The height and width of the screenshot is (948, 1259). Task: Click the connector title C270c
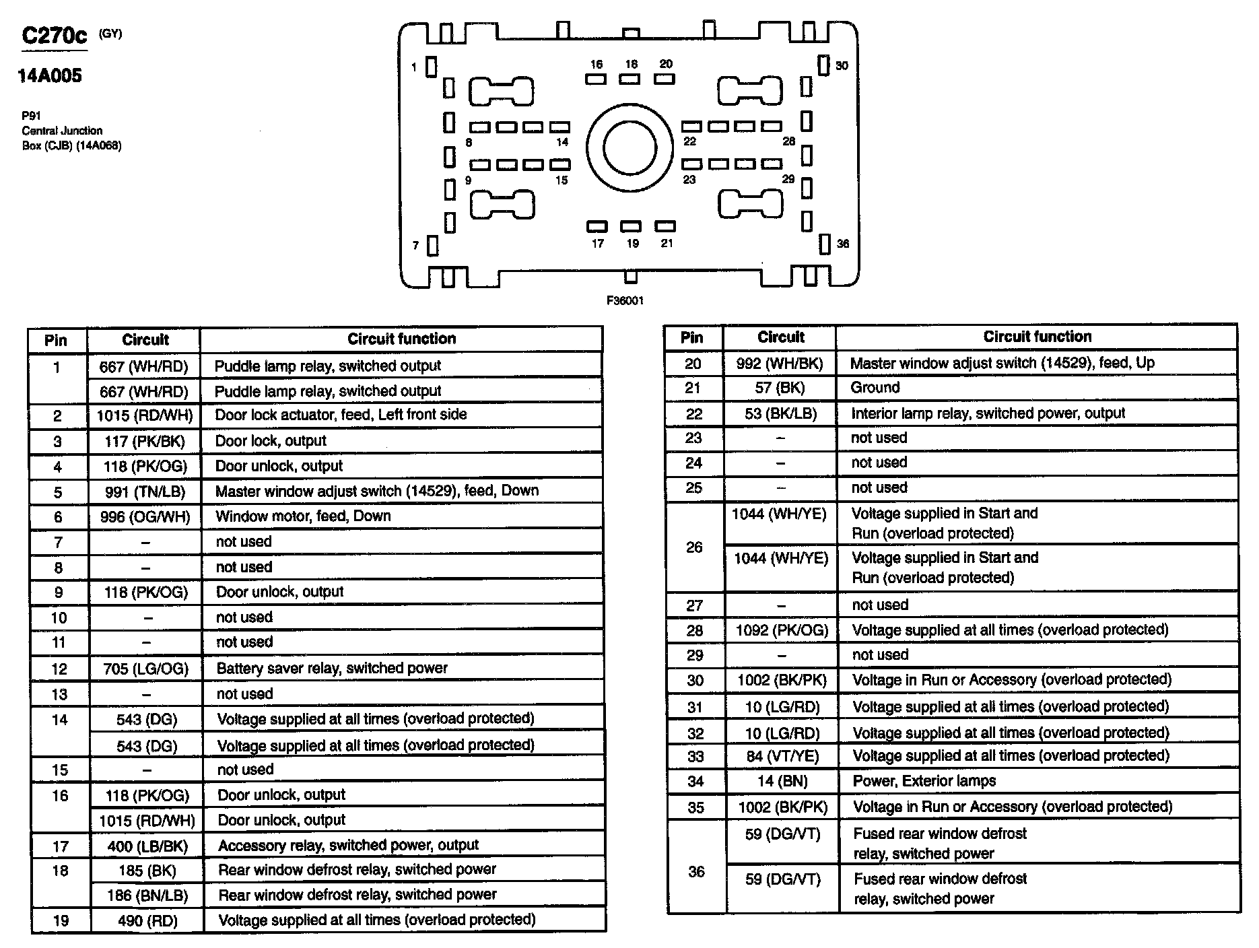click(54, 35)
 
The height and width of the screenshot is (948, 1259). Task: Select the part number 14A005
click(50, 75)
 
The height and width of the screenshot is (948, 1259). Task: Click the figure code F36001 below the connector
click(625, 301)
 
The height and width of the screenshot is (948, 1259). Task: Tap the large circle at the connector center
click(629, 148)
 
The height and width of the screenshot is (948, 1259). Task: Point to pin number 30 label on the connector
click(842, 65)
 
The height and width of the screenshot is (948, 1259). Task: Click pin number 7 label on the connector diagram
click(415, 246)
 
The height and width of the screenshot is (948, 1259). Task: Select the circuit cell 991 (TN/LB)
click(145, 492)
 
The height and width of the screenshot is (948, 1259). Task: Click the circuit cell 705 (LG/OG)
click(146, 669)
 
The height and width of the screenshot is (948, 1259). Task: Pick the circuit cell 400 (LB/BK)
click(147, 846)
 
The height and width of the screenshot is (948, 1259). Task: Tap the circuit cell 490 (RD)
click(147, 921)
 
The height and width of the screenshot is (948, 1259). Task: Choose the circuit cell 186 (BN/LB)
click(147, 895)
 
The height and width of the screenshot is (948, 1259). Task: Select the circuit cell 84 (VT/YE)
click(782, 756)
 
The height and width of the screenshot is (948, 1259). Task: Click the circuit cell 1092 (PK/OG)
click(782, 630)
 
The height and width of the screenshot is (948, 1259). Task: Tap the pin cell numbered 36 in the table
click(696, 872)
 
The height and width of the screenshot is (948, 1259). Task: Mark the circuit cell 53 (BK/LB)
click(780, 413)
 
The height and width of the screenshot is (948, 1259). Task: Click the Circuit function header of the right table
click(1037, 337)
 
